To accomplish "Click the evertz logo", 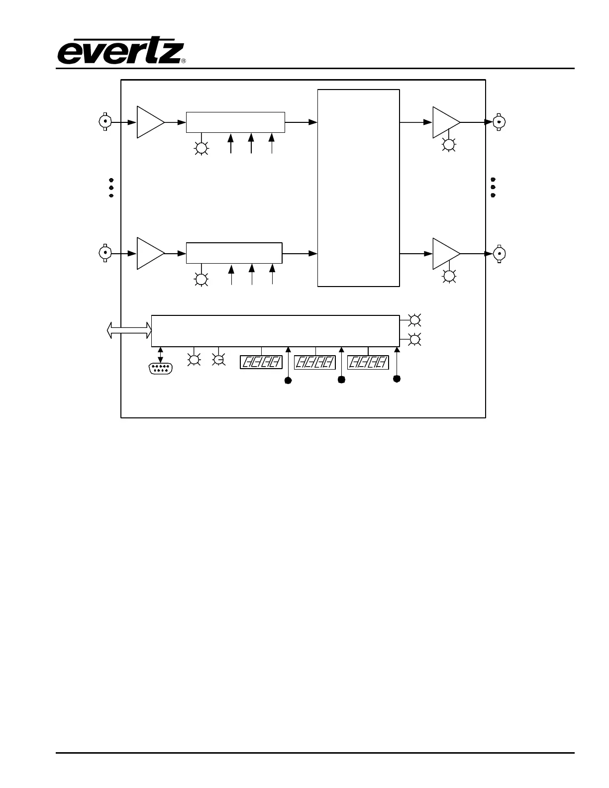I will click(119, 52).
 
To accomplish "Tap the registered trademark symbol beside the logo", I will click(184, 61).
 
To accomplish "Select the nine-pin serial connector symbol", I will click(160, 369).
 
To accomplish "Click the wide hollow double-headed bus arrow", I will click(129, 329).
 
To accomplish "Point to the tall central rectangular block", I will click(358, 188).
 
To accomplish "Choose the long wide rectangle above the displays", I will click(275, 330).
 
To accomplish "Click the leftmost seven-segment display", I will click(261, 362).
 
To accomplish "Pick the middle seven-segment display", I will click(315, 362).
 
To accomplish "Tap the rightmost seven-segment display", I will click(368, 362).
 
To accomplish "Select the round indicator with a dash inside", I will click(218, 360).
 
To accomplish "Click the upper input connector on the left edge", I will click(105, 122).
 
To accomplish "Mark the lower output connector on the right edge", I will click(499, 254).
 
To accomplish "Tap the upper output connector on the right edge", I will click(499, 122).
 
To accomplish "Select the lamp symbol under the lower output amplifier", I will click(449, 277).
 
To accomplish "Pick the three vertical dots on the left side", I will click(111, 188).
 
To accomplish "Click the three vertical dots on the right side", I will click(493, 187).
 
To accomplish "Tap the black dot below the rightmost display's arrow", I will click(397, 379).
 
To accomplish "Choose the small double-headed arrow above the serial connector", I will click(160, 354).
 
